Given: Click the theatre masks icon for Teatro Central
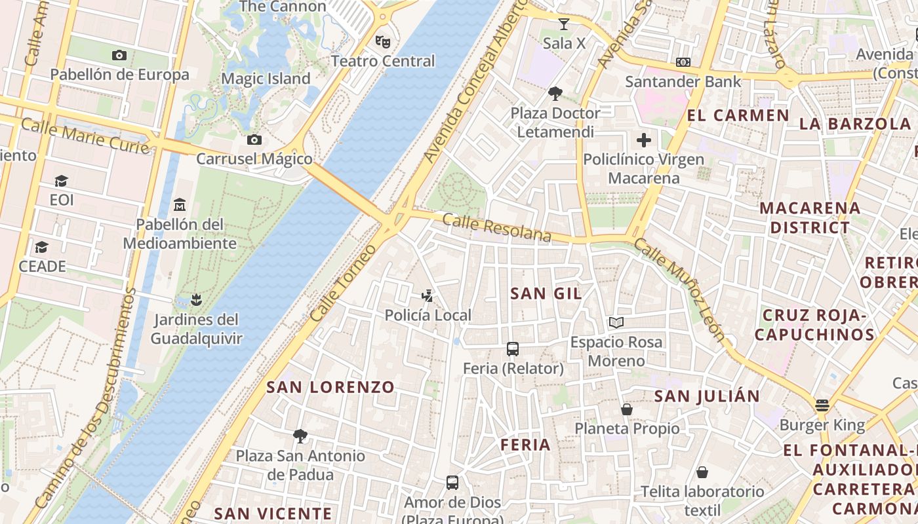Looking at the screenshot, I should pos(383,42).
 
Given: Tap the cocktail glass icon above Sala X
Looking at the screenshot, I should pos(563,24).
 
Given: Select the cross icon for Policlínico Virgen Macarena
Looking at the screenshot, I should pos(644,140).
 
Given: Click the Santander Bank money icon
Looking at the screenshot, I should pos(683,62).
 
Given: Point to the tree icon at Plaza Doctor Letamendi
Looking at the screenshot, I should pos(555,94).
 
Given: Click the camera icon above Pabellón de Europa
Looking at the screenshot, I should pos(119,56).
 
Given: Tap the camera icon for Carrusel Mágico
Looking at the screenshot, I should pos(254,140).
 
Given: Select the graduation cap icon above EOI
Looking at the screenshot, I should pos(61,181).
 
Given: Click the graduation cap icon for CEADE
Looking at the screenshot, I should pos(42,247).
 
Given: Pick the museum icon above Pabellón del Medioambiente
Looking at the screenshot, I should pos(180,205).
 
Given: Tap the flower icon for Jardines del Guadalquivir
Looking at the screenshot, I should pos(195,300).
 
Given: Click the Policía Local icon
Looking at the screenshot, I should pos(428,296).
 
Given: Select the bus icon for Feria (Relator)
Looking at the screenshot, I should pos(513,349).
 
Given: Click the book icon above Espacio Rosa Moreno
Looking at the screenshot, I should pos(616,322).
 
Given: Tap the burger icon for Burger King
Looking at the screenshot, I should pos(822,405).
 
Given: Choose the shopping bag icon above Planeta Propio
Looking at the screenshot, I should pos(627,409).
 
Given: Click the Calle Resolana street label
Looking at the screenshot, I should pos(496,228).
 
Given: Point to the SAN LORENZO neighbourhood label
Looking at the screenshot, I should pos(330,387).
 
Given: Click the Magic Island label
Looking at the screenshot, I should pos(266,79).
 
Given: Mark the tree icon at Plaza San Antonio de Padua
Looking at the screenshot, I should pos(300,436).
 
